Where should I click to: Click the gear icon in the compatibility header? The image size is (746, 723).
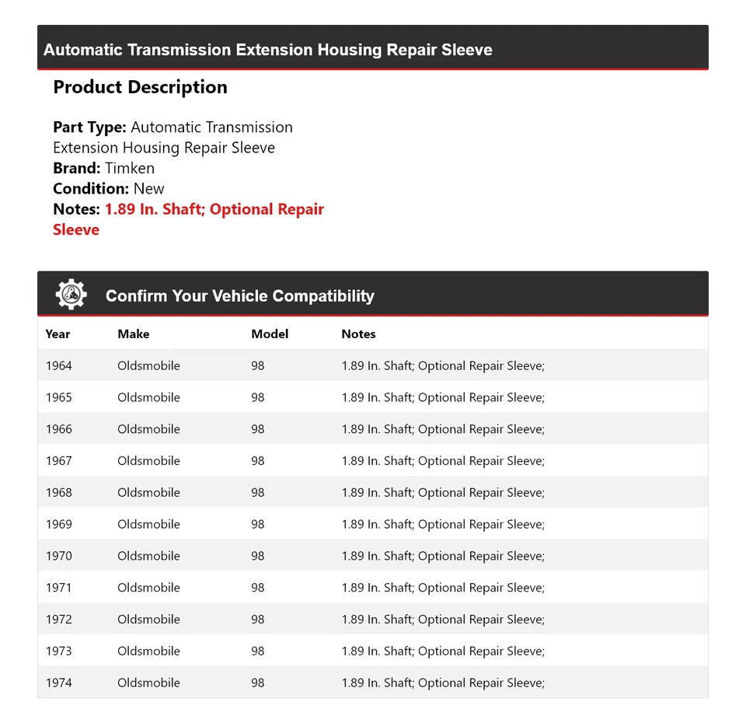(x=71, y=295)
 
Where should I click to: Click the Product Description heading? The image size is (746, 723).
(x=140, y=87)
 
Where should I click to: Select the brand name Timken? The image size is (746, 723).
(x=130, y=168)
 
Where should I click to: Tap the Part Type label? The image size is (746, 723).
(x=89, y=127)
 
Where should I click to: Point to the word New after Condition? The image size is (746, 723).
(x=148, y=188)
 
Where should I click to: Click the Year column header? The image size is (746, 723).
(x=58, y=334)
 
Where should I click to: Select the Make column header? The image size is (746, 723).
(x=134, y=334)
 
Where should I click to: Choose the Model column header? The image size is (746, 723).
(x=270, y=334)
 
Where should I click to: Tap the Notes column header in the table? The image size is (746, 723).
(x=358, y=334)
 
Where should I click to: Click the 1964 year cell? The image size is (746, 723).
(x=58, y=365)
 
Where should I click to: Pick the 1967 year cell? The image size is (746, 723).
(x=58, y=461)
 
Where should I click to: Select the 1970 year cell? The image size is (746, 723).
(x=58, y=556)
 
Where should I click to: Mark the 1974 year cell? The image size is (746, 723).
(x=58, y=683)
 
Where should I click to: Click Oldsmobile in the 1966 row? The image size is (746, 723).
(x=148, y=429)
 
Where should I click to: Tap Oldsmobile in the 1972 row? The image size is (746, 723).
(x=148, y=620)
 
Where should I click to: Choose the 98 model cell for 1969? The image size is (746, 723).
(x=257, y=524)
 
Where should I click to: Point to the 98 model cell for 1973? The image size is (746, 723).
(x=257, y=651)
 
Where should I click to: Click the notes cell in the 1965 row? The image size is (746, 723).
(x=443, y=397)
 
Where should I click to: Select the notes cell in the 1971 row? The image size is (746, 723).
(x=443, y=588)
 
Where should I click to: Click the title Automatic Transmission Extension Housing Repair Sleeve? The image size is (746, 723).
(x=268, y=50)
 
